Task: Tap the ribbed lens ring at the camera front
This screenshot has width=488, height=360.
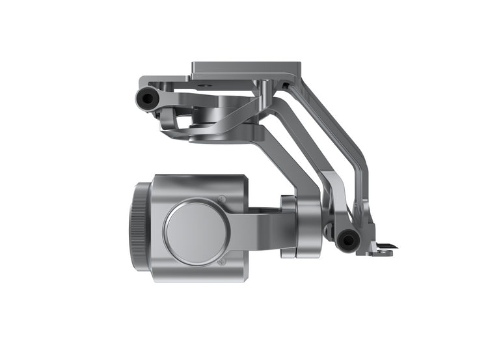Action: coord(138,227)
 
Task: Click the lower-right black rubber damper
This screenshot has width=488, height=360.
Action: coord(347,240)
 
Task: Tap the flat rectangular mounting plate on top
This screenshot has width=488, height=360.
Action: coord(246,68)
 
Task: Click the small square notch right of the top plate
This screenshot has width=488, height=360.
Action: coord(286,85)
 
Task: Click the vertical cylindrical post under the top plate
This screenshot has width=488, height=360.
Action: coord(265,98)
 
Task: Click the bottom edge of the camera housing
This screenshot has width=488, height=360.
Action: coord(198,281)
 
